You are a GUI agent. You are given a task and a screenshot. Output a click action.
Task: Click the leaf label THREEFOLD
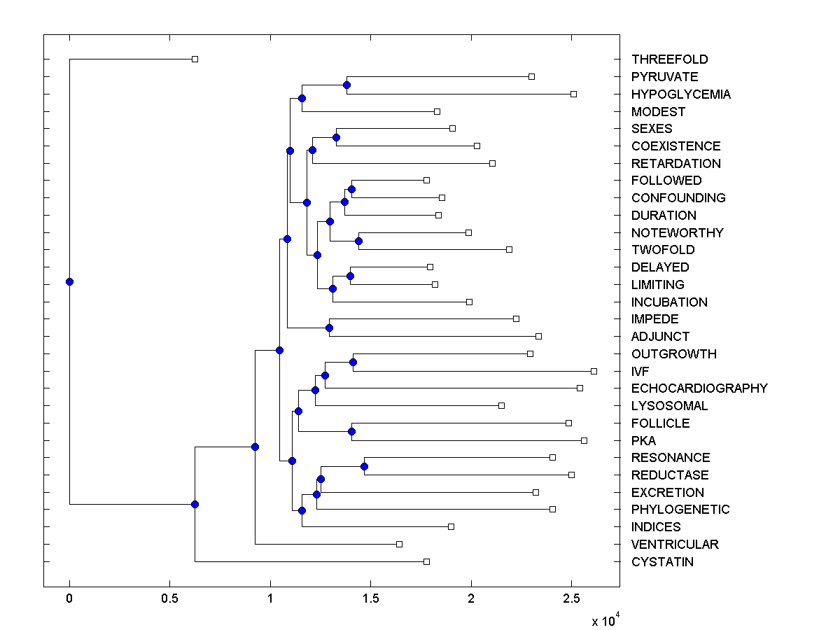669,59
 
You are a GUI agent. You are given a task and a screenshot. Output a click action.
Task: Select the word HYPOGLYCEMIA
680,94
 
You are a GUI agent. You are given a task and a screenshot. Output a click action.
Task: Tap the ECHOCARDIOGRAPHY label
699,388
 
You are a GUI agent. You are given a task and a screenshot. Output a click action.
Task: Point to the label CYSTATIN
662,561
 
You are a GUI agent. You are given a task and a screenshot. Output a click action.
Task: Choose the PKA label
643,440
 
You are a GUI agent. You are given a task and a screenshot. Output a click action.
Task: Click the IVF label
640,371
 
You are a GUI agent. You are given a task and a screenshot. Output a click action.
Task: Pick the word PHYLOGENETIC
680,510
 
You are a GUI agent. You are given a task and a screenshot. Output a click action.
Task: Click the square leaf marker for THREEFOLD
195,59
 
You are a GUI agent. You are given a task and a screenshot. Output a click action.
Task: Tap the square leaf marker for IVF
594,371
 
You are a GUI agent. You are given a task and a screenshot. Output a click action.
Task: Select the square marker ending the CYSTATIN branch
426,561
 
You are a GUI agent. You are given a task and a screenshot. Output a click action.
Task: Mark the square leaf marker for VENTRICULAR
399,544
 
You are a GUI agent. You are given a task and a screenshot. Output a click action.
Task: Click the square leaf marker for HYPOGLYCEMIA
573,94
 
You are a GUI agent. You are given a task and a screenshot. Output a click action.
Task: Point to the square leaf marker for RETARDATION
492,163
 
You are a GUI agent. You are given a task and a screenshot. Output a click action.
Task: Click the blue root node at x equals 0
69,281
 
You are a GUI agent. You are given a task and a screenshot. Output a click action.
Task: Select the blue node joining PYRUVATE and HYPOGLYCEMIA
346,85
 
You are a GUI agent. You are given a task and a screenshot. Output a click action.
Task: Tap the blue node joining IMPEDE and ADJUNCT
330,328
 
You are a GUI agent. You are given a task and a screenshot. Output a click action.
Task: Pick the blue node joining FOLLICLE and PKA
351,431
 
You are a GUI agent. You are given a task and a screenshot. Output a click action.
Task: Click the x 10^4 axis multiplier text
605,620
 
